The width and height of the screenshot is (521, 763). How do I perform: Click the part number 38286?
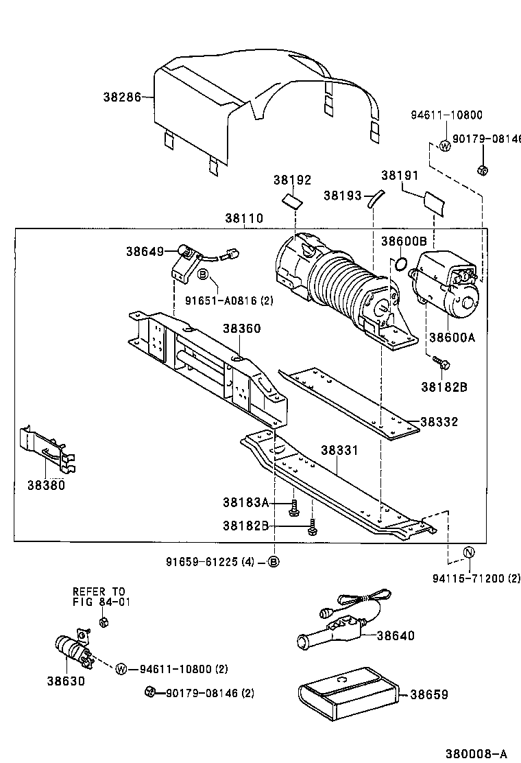[x=121, y=97]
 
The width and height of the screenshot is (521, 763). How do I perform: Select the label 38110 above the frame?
[x=243, y=218]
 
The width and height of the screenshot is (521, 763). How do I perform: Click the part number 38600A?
[x=451, y=337]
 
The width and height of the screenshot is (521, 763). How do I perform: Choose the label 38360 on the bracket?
[x=241, y=329]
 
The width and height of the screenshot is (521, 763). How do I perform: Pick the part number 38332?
[x=439, y=422]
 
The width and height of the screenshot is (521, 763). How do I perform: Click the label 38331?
[x=340, y=450]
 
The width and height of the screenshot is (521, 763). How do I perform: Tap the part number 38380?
[x=46, y=485]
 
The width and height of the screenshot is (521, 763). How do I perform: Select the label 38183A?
[x=245, y=502]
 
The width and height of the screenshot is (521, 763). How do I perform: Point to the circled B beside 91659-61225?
[x=273, y=562]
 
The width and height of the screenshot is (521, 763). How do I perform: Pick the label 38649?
[x=144, y=251]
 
